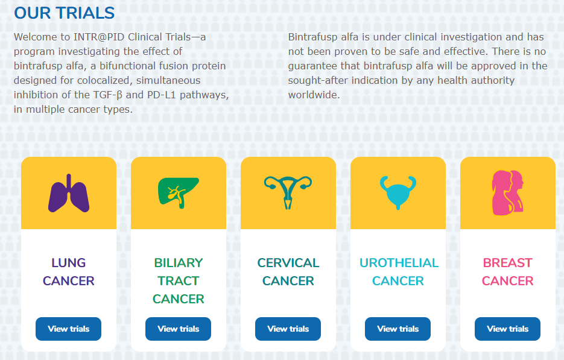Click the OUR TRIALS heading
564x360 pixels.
tap(64, 13)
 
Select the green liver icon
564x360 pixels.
tap(179, 193)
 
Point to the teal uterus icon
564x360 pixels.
tap(288, 192)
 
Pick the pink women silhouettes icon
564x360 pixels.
tap(507, 193)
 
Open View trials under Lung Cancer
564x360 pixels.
tap(68, 329)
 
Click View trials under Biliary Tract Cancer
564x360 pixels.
tap(178, 329)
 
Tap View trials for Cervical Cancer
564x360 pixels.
tap(288, 329)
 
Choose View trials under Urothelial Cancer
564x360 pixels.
tap(398, 329)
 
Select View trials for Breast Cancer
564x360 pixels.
tap(507, 329)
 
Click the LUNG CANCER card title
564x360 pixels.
tap(68, 272)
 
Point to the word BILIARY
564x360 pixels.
tap(179, 263)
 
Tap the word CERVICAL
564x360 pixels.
tap(288, 263)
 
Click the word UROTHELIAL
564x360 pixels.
tap(399, 263)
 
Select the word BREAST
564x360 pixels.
tap(507, 263)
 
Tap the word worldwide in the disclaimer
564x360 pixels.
tap(314, 95)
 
